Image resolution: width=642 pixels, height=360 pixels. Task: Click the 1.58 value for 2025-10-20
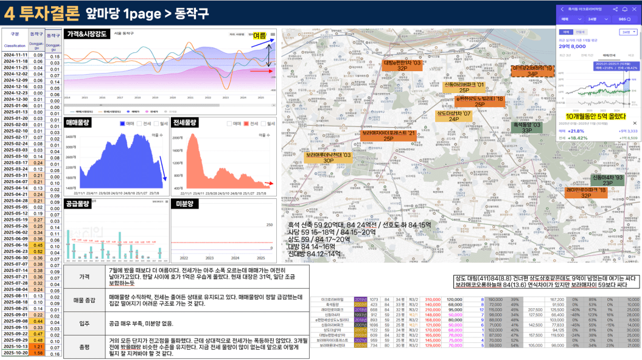click(x=38, y=353)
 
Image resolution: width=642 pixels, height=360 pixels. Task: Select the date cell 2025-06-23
click(x=15, y=251)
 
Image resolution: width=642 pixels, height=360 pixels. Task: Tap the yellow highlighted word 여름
click(x=259, y=36)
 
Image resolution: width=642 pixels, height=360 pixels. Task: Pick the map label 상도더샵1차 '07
click(x=454, y=116)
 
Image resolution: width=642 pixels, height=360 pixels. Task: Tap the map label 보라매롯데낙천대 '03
click(x=328, y=157)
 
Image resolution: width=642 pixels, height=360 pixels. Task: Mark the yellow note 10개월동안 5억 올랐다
click(x=595, y=116)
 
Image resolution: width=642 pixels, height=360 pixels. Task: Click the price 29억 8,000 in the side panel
click(x=573, y=46)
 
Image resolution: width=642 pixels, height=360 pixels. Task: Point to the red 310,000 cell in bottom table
click(x=433, y=299)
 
